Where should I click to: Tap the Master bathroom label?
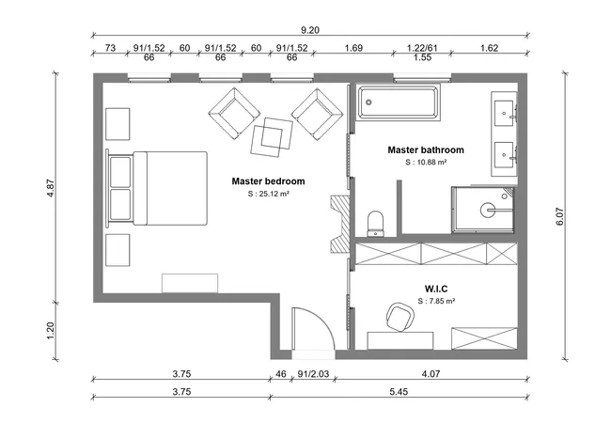tap(426, 149)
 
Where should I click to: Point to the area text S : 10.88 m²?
tap(426, 163)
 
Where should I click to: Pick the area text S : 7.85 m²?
tap(436, 302)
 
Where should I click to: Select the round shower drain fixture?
tap(489, 209)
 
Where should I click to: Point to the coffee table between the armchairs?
tap(272, 136)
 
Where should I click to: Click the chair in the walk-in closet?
tap(399, 320)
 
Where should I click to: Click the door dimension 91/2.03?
tap(312, 375)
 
